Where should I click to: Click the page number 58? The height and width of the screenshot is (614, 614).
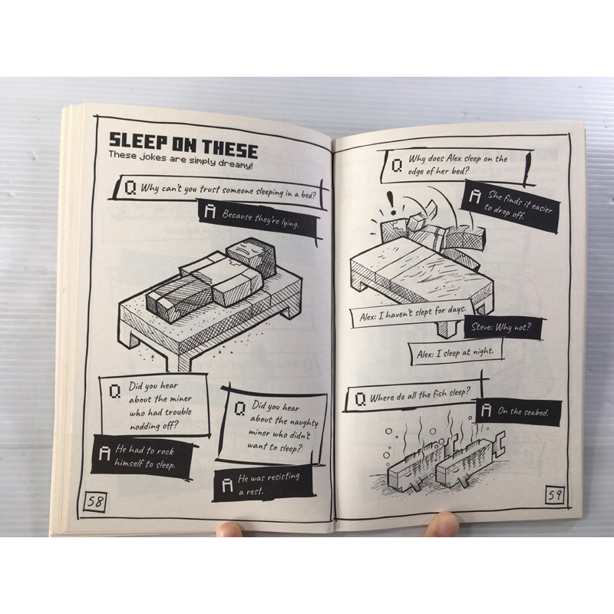tap(95, 501)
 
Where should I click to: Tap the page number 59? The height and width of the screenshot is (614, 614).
tap(554, 495)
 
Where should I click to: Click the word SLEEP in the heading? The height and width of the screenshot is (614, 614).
tap(139, 141)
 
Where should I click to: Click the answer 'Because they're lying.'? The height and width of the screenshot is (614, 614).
tap(260, 219)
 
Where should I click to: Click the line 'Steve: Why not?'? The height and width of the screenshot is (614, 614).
tap(501, 327)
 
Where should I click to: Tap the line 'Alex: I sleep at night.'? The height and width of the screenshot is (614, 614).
tap(454, 353)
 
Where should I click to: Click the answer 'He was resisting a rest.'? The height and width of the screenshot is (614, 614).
tap(268, 484)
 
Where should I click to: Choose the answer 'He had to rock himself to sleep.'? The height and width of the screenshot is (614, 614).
tap(145, 457)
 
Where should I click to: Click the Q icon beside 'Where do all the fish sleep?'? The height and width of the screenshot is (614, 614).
tap(360, 399)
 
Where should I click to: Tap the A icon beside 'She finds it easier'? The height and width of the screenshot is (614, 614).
tap(474, 196)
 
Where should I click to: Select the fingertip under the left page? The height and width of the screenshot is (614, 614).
tap(229, 530)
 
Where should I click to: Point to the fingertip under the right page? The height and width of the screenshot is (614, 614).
tap(442, 525)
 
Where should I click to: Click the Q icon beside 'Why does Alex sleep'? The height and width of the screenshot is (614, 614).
tap(397, 166)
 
